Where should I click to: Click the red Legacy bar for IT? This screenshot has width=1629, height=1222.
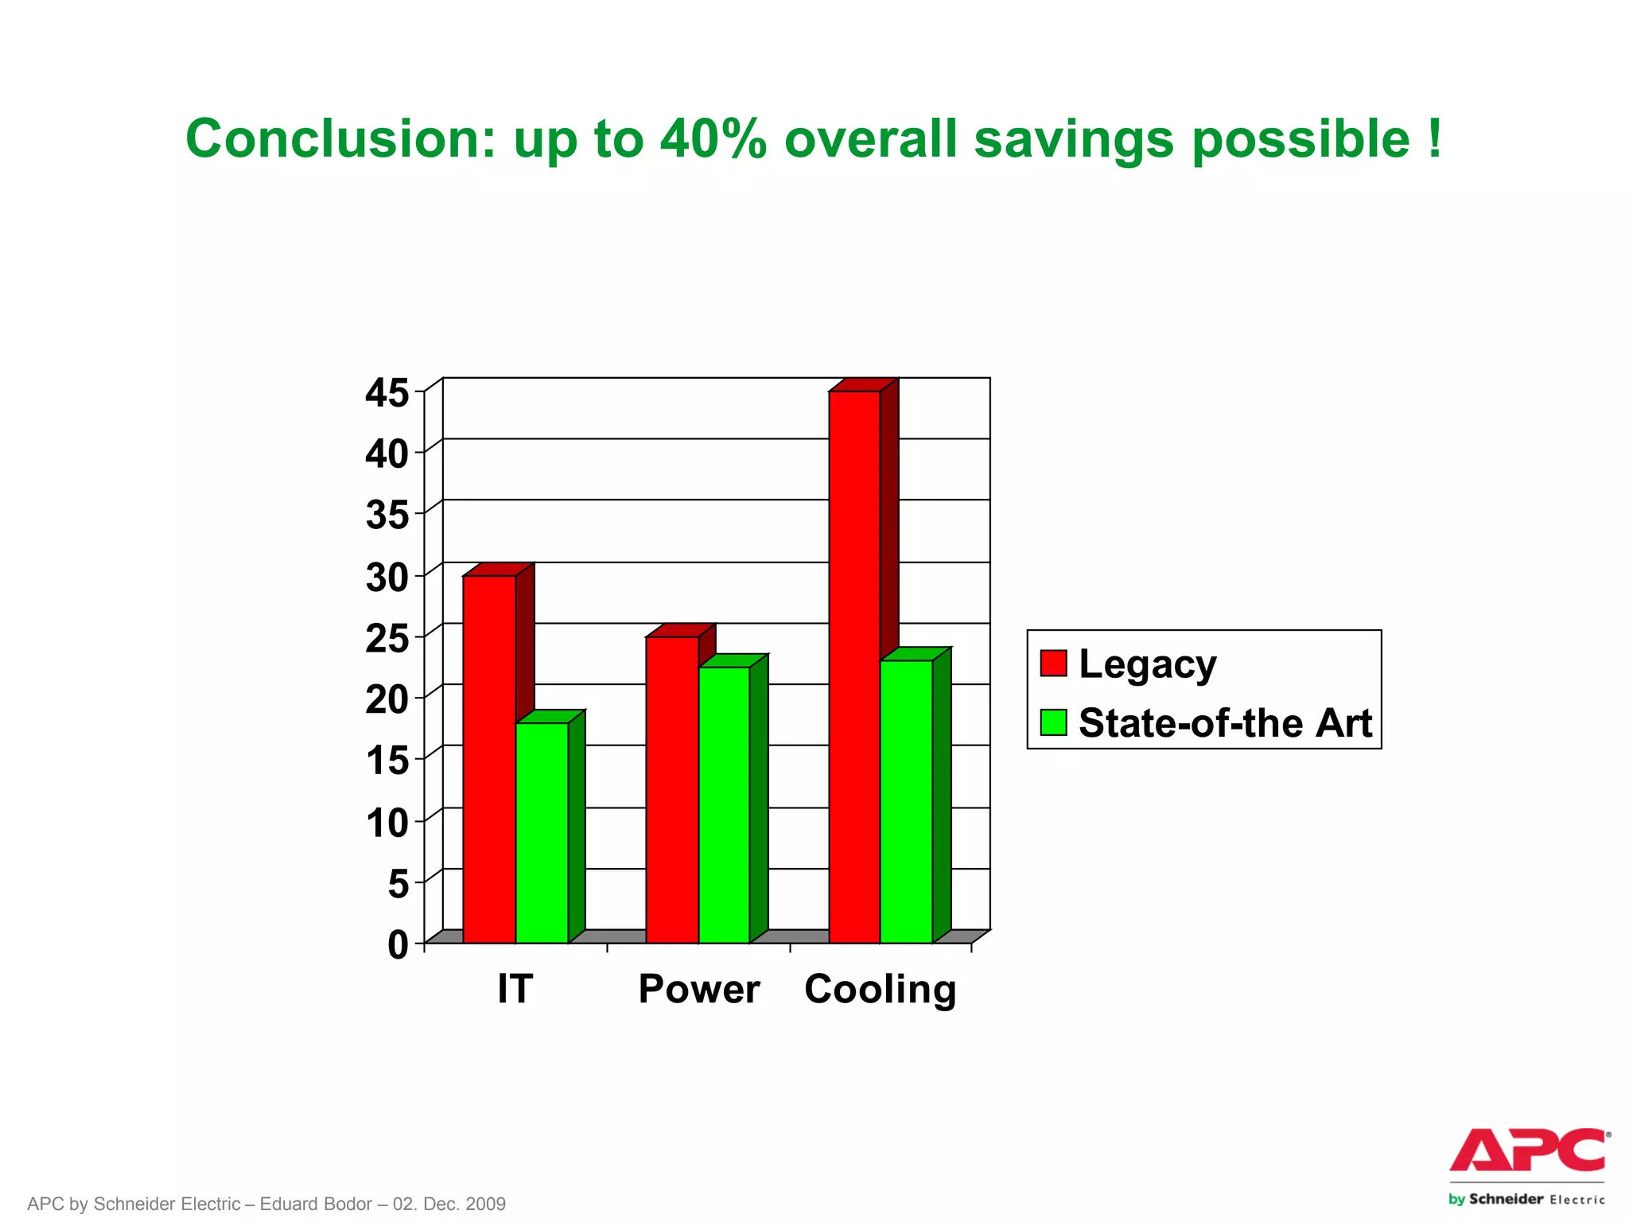489,759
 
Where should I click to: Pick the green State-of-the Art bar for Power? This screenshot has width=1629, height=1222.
724,804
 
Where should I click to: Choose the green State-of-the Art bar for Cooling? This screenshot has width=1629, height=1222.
906,801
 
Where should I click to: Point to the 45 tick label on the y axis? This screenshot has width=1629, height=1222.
387,393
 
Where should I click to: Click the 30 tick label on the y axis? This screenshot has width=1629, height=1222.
387,578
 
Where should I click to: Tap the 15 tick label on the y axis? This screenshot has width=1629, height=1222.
387,761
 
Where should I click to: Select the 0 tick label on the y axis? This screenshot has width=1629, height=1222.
397,945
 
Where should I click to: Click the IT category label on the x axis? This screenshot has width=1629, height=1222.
515,989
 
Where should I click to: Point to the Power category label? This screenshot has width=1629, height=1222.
699,989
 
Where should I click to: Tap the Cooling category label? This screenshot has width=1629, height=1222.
880,989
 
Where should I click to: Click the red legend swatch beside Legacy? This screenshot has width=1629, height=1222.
1053,663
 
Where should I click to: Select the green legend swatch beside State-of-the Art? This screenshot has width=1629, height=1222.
1053,722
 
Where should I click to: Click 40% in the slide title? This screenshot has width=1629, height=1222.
713,138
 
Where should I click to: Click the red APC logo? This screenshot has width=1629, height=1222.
1527,1150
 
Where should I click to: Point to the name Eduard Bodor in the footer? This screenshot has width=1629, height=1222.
316,1204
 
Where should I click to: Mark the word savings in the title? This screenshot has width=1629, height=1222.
1073,138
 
